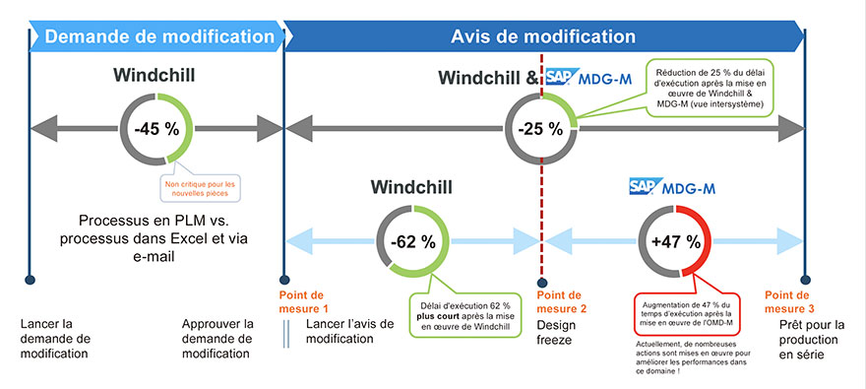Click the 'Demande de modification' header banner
pyautogui.click(x=157, y=36)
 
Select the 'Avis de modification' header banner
pyautogui.click(x=543, y=36)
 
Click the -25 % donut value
pyautogui.click(x=540, y=127)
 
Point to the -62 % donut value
pyautogui.click(x=412, y=240)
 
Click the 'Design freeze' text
pyautogui.click(x=558, y=332)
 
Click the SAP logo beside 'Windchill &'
pyautogui.click(x=561, y=77)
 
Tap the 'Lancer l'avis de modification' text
pyautogui.click(x=349, y=332)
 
